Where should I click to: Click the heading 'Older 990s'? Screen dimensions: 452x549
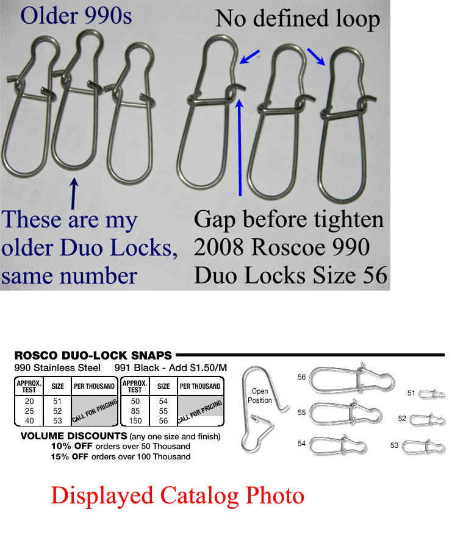76,16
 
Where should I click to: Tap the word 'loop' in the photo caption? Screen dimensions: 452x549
357,19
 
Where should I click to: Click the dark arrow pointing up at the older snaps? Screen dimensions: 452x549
74,194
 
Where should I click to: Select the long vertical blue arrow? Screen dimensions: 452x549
240,147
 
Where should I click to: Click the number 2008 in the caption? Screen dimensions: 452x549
220,247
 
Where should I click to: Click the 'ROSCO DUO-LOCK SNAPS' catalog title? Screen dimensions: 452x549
93,355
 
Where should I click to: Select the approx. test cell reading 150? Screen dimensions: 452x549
135,420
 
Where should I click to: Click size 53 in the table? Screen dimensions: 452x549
57,420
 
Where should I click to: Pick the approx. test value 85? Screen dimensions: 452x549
135,411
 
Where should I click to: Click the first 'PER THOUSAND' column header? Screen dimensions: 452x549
95,386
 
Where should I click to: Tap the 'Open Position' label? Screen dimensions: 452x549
260,395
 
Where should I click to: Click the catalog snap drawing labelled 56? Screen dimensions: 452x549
352,379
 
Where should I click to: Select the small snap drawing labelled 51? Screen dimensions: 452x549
432,395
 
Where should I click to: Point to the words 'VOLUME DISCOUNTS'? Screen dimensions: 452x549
74,436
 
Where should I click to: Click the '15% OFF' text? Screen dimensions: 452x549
70,456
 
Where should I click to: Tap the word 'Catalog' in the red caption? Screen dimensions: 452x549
200,497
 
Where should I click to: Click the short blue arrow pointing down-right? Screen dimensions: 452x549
316,57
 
